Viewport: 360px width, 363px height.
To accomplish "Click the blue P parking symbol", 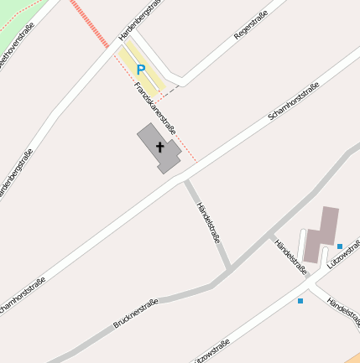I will tap(140, 70).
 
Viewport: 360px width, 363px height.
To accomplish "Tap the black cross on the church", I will tap(159, 147).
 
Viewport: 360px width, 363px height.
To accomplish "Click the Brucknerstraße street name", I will tap(136, 313).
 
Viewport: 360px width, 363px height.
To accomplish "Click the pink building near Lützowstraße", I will tap(321, 234).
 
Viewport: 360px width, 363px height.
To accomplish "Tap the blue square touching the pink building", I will tap(340, 246).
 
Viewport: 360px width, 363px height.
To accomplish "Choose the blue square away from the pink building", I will tap(300, 300).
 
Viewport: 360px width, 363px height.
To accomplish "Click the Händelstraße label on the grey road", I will tap(207, 222).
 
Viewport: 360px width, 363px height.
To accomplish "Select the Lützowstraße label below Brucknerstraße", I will tap(212, 350).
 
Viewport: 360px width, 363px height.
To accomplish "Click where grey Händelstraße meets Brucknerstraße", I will tap(229, 269).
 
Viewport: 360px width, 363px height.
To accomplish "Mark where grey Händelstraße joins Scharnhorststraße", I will tap(185, 179).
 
